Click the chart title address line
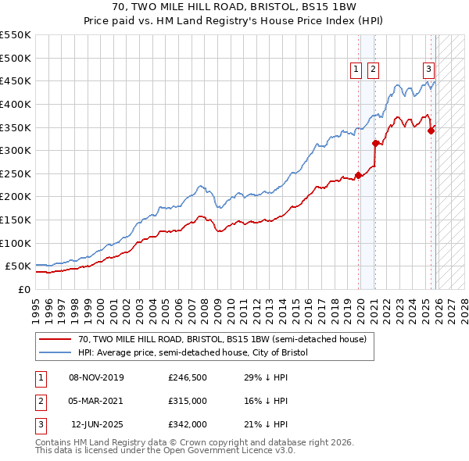234,6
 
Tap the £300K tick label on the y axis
16,150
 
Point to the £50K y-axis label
19,266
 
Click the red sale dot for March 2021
376,143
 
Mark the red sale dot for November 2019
359,175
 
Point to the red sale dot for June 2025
431,130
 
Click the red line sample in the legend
55,339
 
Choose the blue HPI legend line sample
55,352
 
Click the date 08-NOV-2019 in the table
96,377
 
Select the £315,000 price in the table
188,401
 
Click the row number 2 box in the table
38,401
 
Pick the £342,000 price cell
188,424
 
